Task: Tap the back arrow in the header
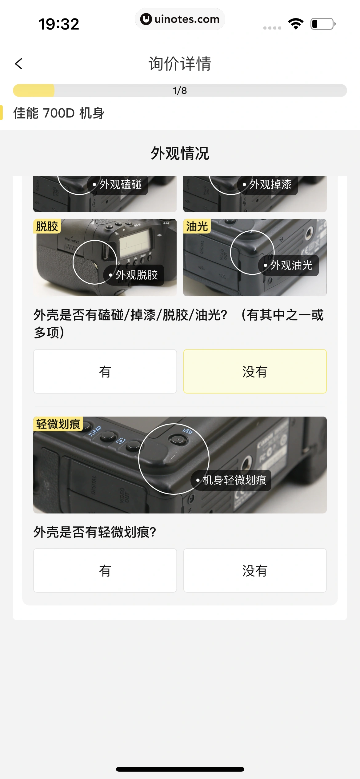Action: tap(19, 64)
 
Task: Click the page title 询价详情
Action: tap(180, 64)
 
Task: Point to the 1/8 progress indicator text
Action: tap(180, 90)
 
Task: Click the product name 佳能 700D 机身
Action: tap(59, 113)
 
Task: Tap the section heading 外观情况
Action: tap(180, 153)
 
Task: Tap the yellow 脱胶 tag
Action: tap(47, 226)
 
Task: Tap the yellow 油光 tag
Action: tap(197, 226)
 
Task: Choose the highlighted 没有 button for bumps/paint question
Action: tap(255, 371)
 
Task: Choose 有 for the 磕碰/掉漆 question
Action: tap(105, 371)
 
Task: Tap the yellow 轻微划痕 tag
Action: tap(58, 424)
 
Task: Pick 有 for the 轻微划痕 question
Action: tap(105, 570)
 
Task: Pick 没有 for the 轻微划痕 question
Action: tap(255, 570)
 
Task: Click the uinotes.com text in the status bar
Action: tap(187, 19)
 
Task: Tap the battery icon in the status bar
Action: tap(322, 24)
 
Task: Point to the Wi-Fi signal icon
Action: tap(296, 24)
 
